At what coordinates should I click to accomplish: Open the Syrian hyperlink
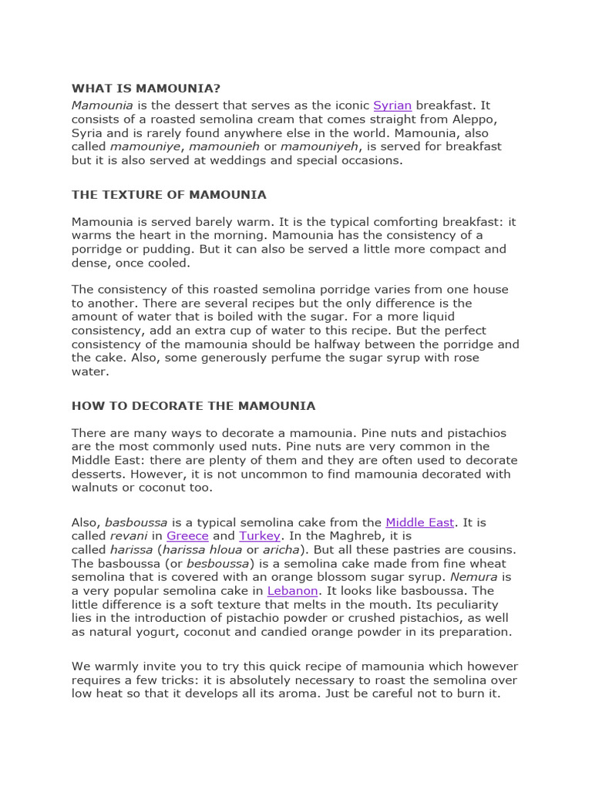392,105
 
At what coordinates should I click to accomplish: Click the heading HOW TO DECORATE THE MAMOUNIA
193,405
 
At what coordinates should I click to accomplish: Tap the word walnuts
96,487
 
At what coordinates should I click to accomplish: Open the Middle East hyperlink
419,522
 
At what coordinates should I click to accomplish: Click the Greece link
187,536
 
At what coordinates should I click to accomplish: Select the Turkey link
260,536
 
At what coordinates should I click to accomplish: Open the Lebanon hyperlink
292,591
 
